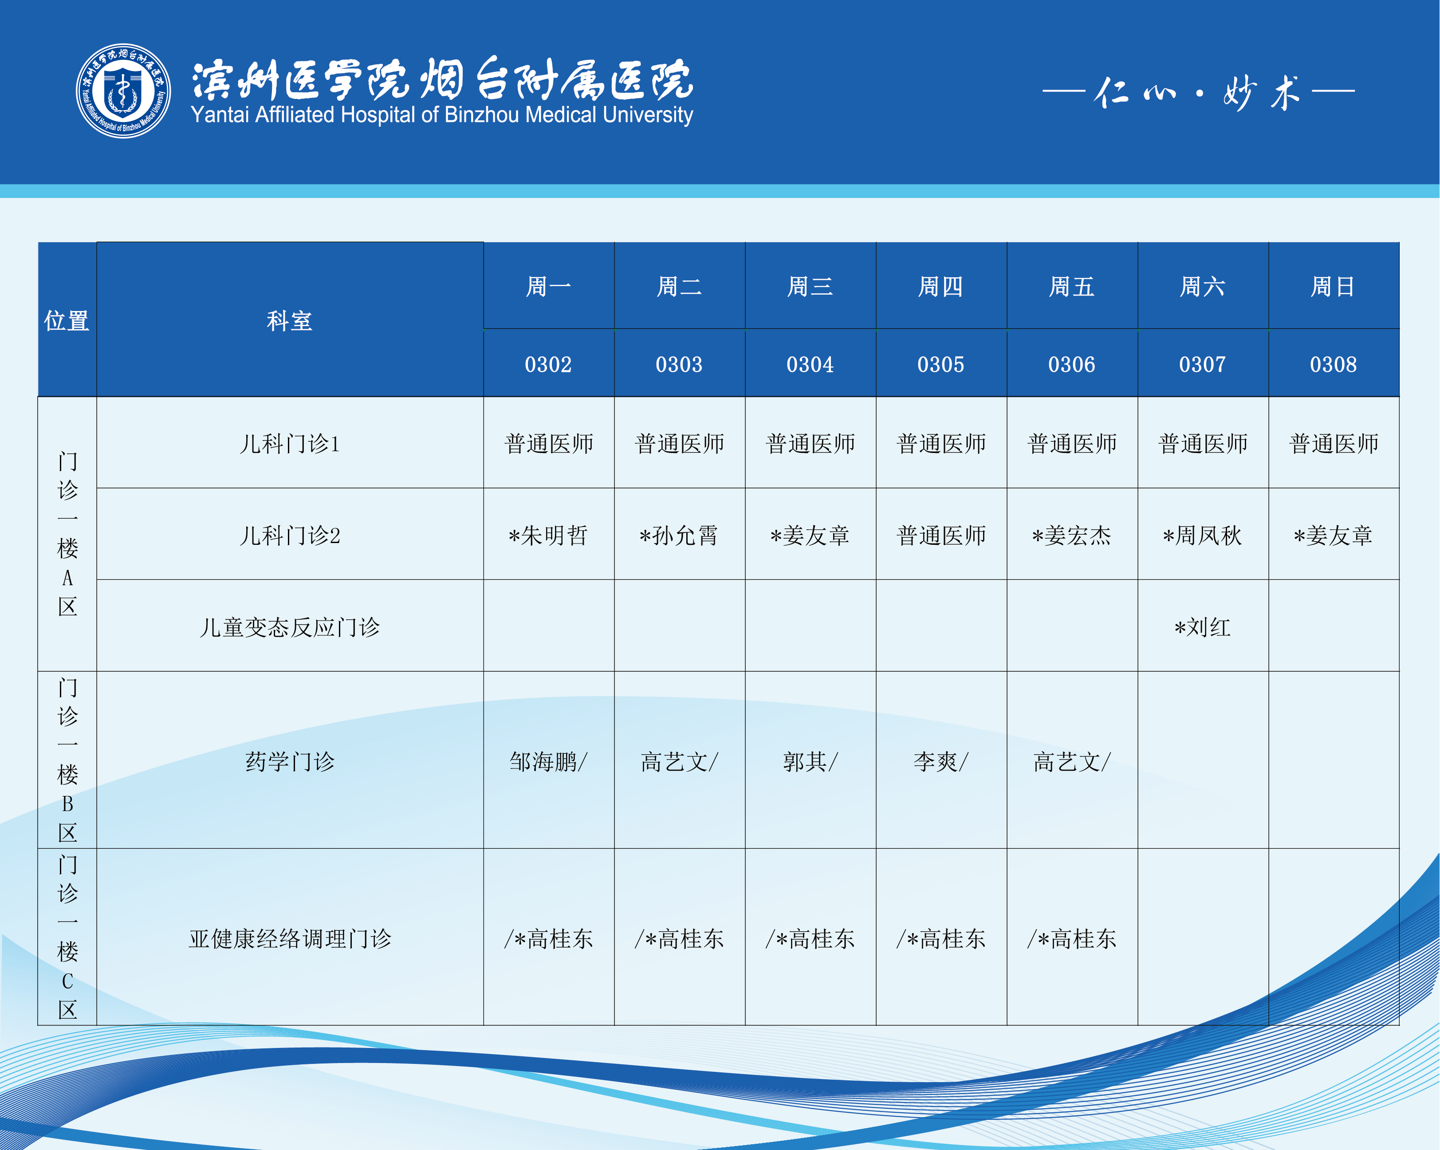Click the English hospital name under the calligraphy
[441, 115]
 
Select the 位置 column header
[67, 321]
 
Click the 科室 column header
[289, 321]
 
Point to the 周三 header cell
[810, 287]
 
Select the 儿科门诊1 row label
[290, 443]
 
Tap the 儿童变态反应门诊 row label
[290, 627]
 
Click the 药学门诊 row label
[290, 761]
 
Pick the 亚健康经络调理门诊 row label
[290, 938]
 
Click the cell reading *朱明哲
[548, 535]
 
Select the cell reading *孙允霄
[679, 535]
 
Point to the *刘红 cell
[1202, 627]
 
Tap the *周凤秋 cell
[1202, 535]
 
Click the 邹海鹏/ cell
[548, 761]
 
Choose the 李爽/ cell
[941, 761]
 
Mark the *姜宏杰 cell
[1071, 535]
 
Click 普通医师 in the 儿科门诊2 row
[941, 535]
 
